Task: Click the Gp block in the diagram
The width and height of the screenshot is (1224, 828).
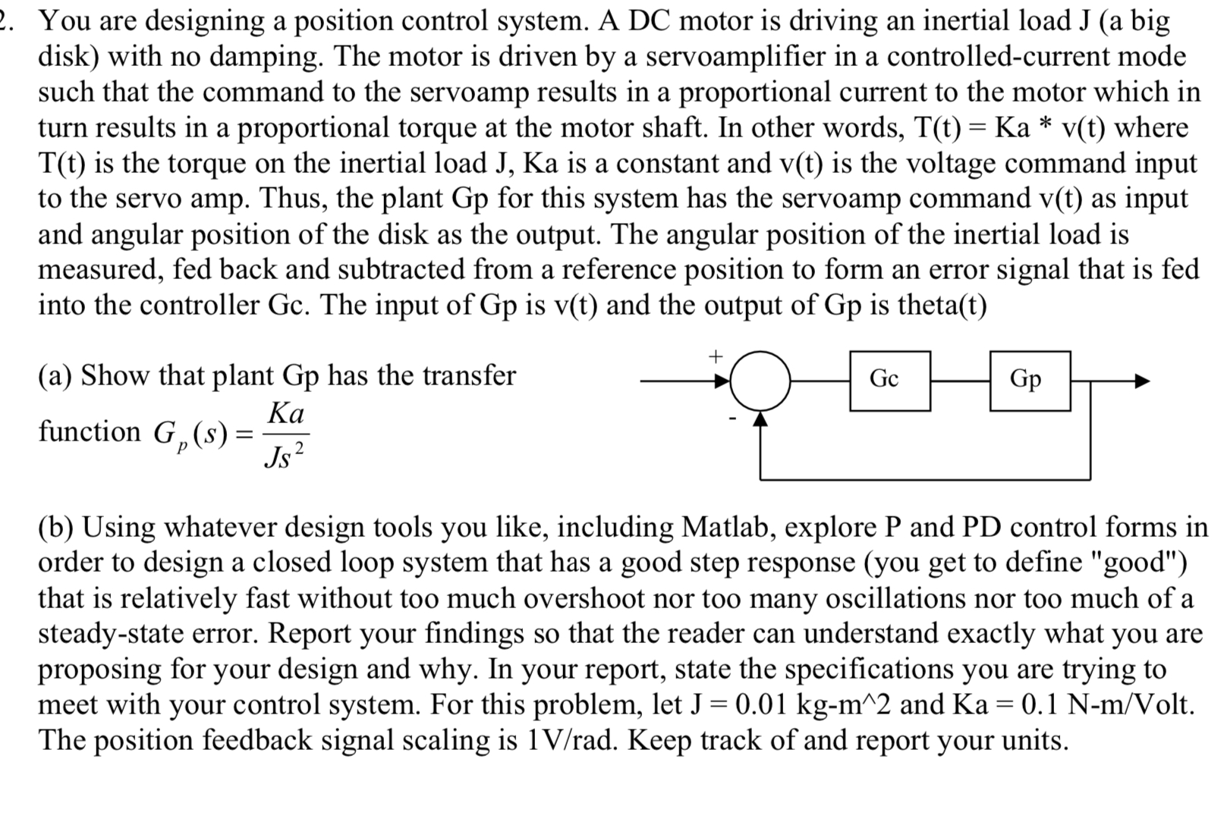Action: [1030, 381]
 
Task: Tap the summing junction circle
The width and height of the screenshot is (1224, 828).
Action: [760, 381]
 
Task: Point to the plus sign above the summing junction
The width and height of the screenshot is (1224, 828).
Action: [714, 355]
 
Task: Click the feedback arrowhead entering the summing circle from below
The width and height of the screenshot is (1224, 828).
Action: [760, 419]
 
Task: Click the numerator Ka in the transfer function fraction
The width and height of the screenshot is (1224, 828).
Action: [286, 414]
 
